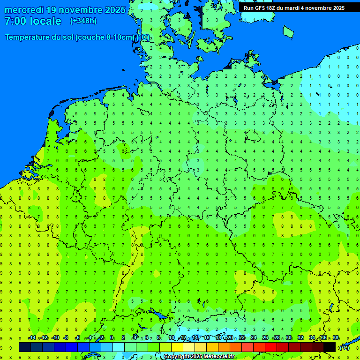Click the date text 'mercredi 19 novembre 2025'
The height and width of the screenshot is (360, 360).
point(65,10)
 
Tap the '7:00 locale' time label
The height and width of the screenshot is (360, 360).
point(33,21)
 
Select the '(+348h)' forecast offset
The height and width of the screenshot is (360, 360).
point(83,21)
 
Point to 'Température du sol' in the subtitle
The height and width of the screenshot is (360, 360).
point(39,37)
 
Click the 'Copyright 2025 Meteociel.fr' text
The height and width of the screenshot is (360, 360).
point(199,357)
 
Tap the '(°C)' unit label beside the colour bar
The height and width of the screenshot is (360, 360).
point(344,347)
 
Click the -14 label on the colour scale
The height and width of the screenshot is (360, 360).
point(32,338)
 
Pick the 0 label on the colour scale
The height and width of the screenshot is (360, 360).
point(112,338)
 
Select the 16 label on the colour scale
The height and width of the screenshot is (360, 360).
point(207,338)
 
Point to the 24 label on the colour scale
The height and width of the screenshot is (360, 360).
point(254,338)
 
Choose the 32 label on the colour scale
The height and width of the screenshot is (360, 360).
point(300,338)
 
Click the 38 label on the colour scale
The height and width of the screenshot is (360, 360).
point(336,338)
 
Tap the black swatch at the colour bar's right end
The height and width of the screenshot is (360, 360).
point(330,347)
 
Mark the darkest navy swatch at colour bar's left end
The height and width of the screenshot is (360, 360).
point(25,347)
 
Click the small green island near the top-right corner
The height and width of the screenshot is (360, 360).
point(288,31)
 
